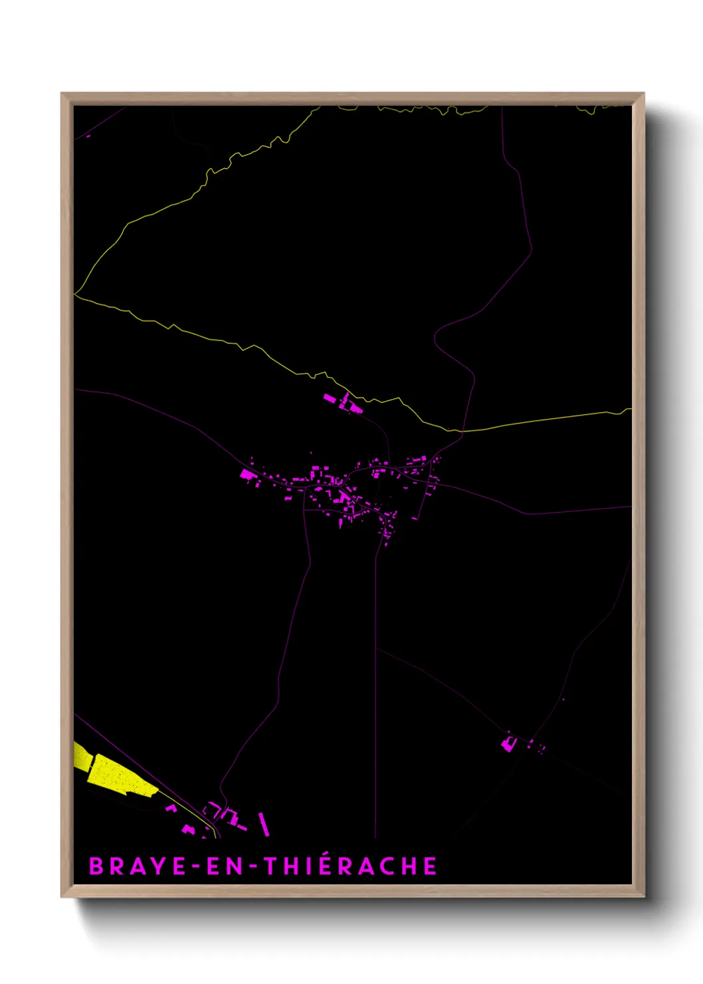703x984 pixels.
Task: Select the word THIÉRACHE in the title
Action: (350, 866)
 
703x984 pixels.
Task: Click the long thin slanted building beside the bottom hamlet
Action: (264, 824)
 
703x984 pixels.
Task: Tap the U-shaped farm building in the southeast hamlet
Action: (509, 742)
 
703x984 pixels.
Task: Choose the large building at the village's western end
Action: (247, 474)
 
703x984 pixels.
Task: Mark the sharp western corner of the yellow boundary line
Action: (76, 293)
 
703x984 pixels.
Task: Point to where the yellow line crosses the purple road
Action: (462, 431)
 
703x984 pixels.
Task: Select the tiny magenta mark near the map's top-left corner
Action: (88, 136)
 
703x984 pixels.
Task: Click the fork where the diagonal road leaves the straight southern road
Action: (376, 648)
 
